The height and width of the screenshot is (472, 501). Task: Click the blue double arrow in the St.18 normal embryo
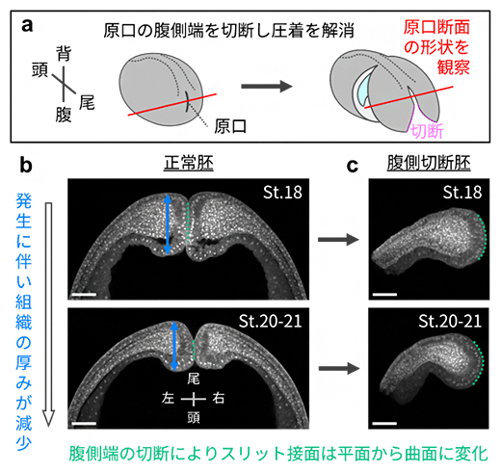coord(169,224)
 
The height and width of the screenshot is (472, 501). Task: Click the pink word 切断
coord(425,132)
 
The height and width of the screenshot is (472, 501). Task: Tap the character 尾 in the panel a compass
coord(86,100)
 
